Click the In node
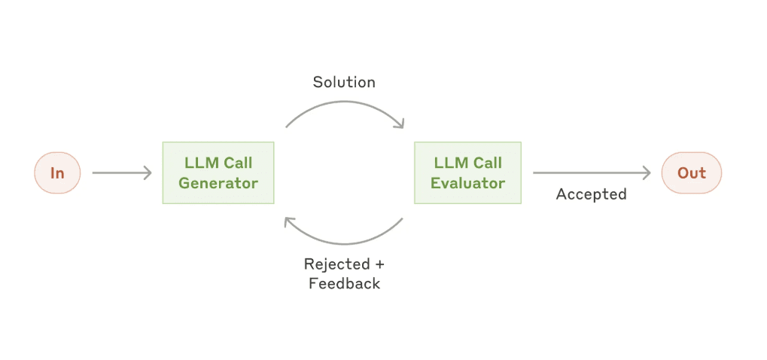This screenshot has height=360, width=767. pos(57,173)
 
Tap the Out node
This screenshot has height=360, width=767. pos(691,173)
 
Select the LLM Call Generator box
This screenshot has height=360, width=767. pos(218,173)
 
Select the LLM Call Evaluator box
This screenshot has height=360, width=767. pos(468,173)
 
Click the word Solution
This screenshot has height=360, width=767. pos(344,81)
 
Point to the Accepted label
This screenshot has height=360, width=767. pos(591,194)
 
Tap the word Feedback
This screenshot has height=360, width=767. pos(344,284)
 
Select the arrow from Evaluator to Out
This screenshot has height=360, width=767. pos(592,173)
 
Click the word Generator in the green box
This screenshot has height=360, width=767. pos(218,183)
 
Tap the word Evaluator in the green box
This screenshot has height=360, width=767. pos(468,183)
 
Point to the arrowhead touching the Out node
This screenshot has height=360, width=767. pos(647,173)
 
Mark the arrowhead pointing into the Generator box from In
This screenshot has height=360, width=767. pos(148,173)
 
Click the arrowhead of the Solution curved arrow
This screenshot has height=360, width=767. pos(401,124)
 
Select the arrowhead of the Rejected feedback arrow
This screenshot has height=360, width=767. pos(288,221)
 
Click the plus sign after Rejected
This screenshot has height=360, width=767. pos(379,264)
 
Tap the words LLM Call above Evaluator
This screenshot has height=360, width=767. pos(468,163)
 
